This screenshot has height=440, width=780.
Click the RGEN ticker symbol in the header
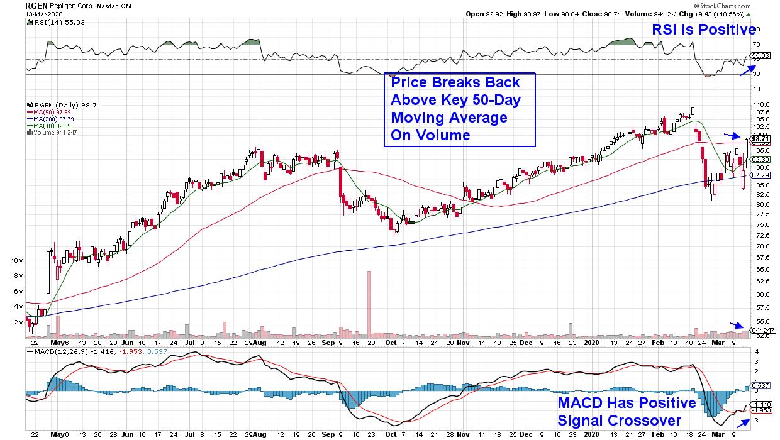(35, 4)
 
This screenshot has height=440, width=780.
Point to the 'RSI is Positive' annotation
(700, 29)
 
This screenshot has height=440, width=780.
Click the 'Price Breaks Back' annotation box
(460, 109)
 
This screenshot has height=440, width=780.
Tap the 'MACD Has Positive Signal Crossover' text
(627, 410)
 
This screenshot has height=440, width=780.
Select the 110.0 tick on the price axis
(762, 104)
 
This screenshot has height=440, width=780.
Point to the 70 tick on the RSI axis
(756, 45)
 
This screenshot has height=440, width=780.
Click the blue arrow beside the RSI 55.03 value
(748, 70)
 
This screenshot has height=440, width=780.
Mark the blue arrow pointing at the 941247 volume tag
(736, 324)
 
